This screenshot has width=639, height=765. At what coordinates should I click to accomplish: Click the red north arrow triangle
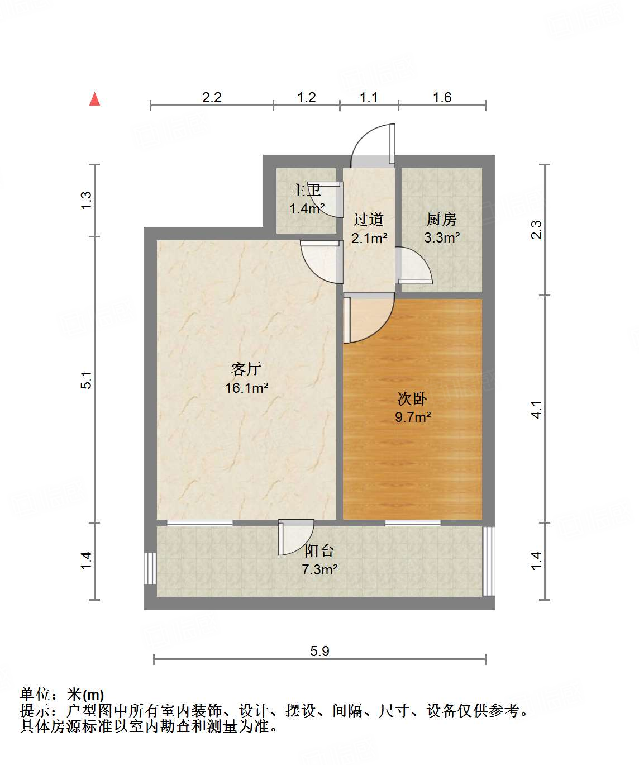[x=95, y=99]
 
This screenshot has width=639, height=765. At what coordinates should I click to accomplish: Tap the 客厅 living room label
[x=246, y=369]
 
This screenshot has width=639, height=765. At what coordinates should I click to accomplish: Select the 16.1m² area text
[x=246, y=388]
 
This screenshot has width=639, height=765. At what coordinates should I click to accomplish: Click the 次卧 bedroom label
[x=412, y=398]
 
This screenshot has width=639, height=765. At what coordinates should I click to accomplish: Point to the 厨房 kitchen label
[x=441, y=219]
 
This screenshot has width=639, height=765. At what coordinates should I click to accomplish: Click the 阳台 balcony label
[x=319, y=551]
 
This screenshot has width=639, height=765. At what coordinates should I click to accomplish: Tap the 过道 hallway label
[x=369, y=219]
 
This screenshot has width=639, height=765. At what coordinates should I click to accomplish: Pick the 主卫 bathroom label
[x=306, y=191]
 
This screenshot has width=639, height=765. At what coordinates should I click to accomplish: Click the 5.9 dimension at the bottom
[x=319, y=651]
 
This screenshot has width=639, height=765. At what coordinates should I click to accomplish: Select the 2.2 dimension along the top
[x=212, y=98]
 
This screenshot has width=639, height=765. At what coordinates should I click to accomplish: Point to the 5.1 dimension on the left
[x=86, y=380]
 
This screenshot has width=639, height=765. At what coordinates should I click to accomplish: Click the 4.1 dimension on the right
[x=536, y=410]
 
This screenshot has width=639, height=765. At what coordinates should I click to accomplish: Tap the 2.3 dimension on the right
[x=536, y=230]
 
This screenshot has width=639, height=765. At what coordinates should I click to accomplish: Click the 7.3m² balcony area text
[x=319, y=569]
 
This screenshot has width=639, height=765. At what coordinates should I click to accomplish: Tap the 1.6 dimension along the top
[x=442, y=98]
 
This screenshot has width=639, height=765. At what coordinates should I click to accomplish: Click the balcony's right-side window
[x=489, y=560]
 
